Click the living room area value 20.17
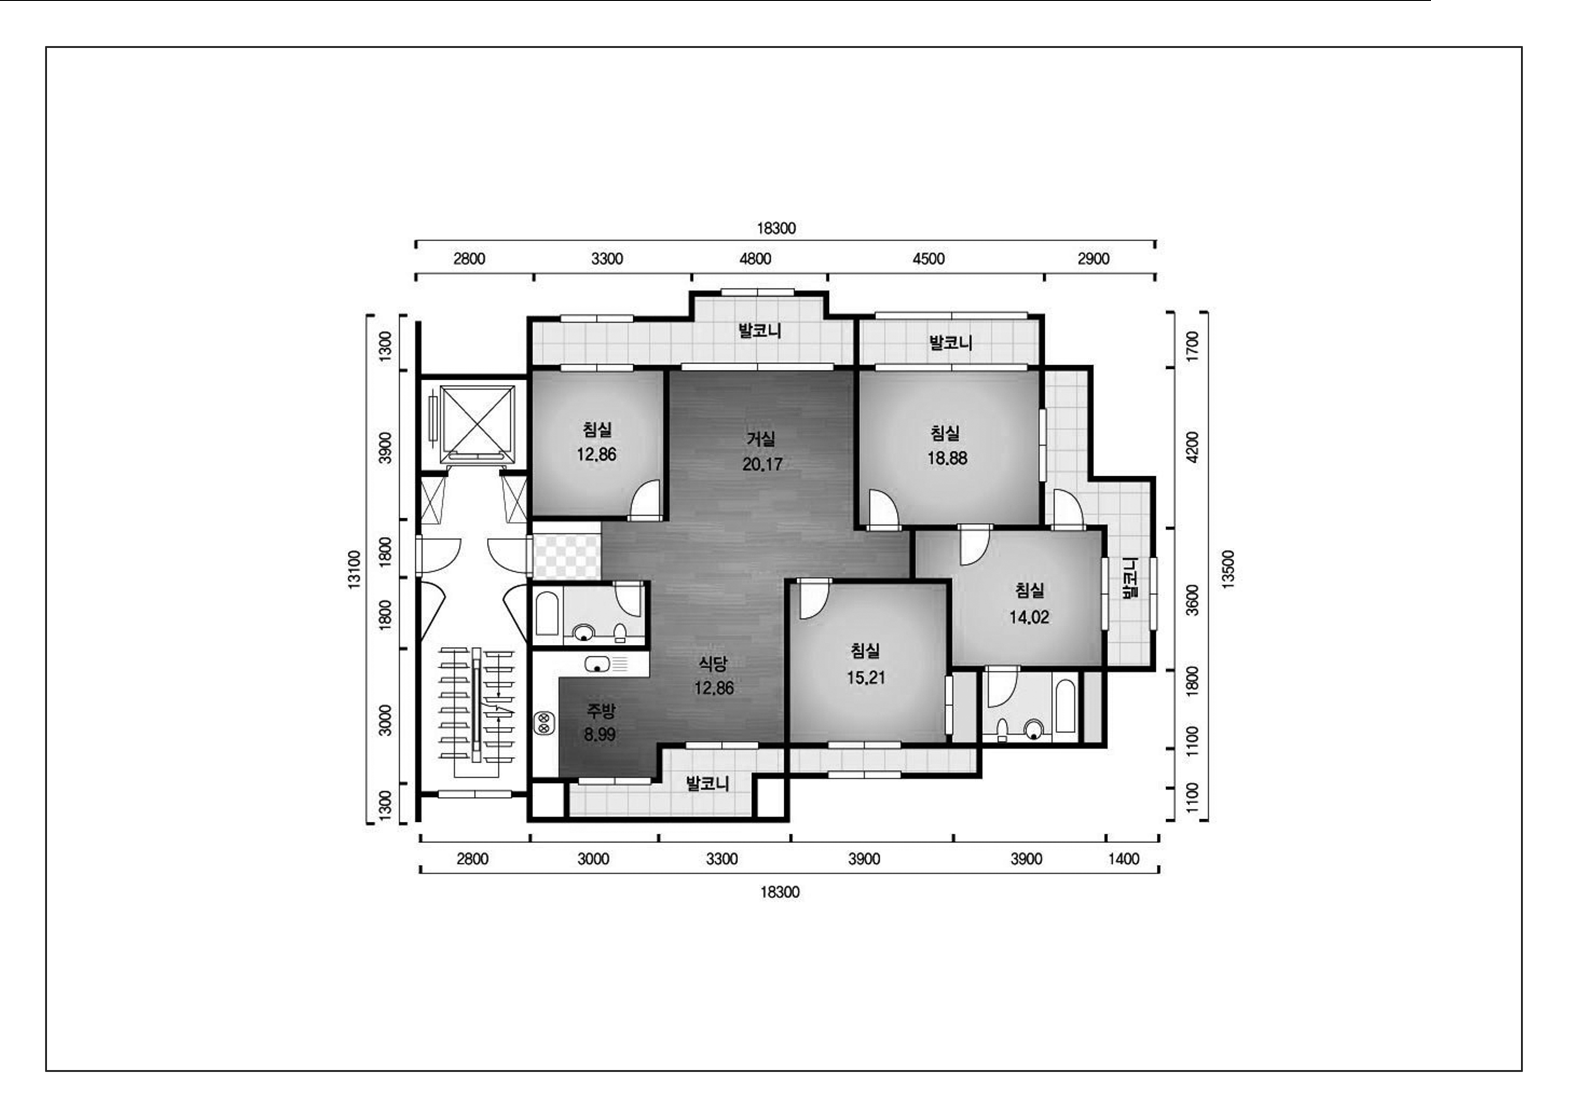tap(762, 464)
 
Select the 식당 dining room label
tap(713, 663)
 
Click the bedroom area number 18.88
tap(947, 458)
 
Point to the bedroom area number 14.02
tap(1029, 617)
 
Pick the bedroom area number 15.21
tap(866, 678)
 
